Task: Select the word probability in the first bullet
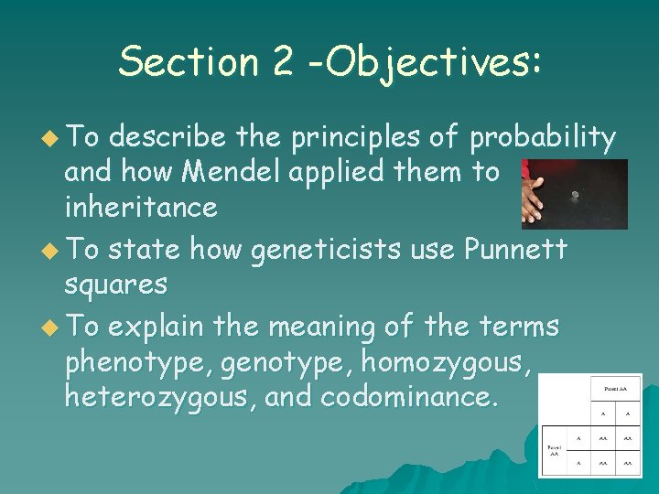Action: [542, 137]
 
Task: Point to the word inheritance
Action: [141, 207]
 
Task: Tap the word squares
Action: [115, 284]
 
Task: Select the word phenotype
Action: [135, 362]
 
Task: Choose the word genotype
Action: [285, 362]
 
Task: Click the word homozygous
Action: [445, 362]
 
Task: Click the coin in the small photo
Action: [575, 194]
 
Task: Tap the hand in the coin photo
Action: [531, 194]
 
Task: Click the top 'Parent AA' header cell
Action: [614, 389]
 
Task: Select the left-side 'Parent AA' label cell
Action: [554, 449]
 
